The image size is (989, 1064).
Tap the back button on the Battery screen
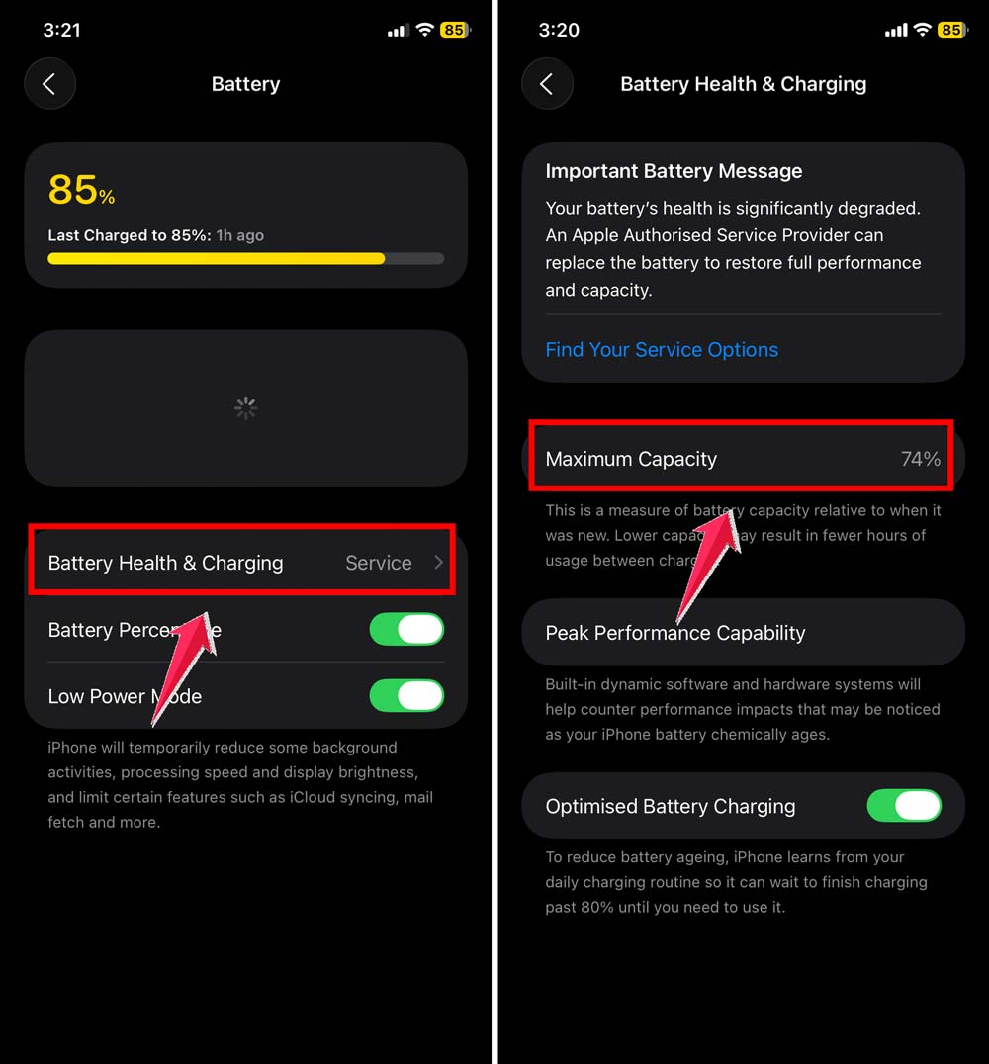click(x=49, y=83)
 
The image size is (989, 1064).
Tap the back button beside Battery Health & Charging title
click(x=547, y=83)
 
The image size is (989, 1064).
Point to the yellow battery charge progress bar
click(x=216, y=259)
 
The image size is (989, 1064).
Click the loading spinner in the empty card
click(x=245, y=407)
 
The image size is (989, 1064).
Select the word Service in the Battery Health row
click(x=378, y=563)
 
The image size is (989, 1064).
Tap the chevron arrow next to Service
click(x=438, y=563)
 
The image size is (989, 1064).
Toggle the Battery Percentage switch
click(x=406, y=630)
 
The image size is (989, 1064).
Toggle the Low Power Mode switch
click(x=406, y=696)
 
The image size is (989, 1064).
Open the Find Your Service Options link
click(x=662, y=350)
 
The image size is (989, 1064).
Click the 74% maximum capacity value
click(x=920, y=459)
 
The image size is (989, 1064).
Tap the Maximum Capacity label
click(x=631, y=459)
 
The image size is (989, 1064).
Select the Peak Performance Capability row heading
click(x=675, y=633)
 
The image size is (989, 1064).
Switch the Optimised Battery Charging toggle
click(x=903, y=806)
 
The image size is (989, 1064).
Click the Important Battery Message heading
click(x=674, y=171)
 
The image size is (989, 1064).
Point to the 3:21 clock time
click(x=61, y=30)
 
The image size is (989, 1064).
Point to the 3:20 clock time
click(x=558, y=30)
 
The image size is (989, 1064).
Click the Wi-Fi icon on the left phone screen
click(x=425, y=30)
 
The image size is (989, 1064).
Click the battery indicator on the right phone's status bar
click(x=952, y=30)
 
